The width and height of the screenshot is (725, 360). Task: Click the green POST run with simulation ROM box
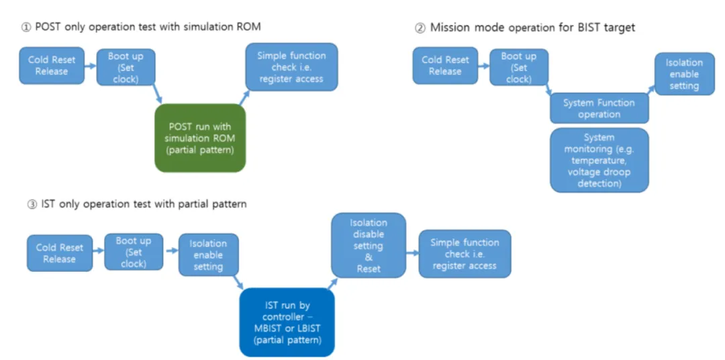tap(201, 138)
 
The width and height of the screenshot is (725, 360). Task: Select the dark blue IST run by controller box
tap(287, 322)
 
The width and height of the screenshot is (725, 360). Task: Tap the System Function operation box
tap(599, 108)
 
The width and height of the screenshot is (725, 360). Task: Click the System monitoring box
tap(599, 160)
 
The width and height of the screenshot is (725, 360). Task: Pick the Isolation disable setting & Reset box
tap(369, 245)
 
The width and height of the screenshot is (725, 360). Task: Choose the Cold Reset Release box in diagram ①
tap(52, 65)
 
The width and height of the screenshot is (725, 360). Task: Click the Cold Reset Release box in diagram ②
tap(445, 65)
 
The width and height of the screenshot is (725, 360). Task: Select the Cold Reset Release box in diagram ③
tap(59, 253)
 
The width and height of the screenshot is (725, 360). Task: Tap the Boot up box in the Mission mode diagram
tap(518, 68)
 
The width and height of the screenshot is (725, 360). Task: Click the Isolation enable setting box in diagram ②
tap(684, 74)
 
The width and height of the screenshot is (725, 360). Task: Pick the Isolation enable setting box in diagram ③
tap(208, 255)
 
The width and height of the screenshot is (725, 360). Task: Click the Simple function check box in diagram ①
tap(291, 67)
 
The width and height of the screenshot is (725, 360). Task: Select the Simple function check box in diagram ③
tap(465, 254)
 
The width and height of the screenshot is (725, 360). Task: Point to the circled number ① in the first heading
tap(26, 27)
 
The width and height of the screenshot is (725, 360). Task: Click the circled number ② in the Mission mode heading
tap(420, 28)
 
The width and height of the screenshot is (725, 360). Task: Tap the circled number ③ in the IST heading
tap(32, 204)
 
